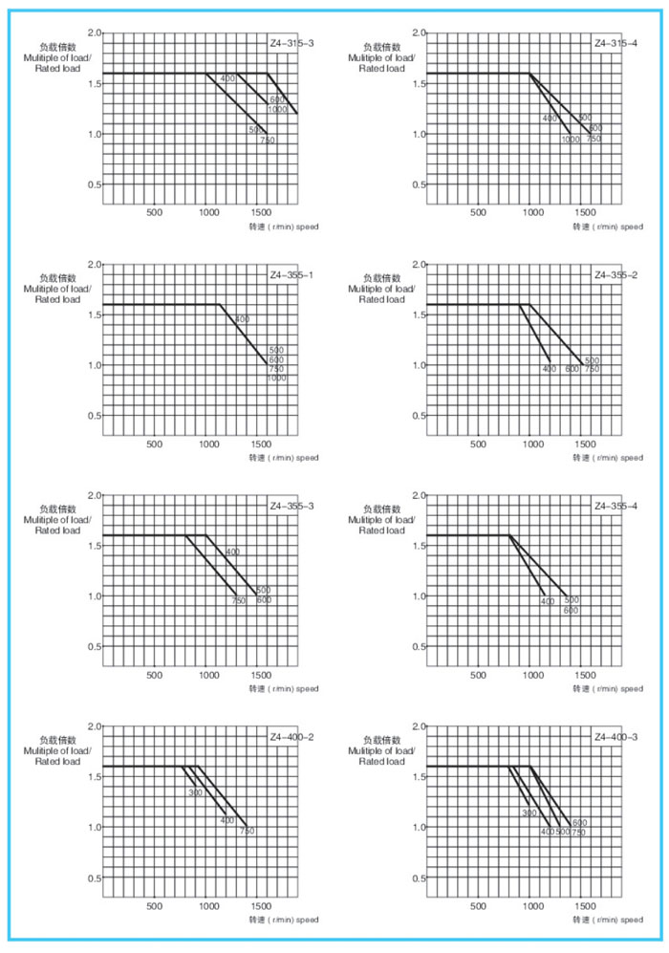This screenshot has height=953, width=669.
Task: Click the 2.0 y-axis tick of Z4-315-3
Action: pyautogui.click(x=94, y=33)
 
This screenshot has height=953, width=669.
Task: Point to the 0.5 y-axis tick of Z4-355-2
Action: pyautogui.click(x=418, y=416)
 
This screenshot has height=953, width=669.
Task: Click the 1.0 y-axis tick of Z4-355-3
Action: pyautogui.click(x=94, y=596)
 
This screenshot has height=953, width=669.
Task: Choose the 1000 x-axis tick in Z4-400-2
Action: pyautogui.click(x=207, y=905)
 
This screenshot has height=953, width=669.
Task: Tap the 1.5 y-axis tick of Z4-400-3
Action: pyautogui.click(x=418, y=777)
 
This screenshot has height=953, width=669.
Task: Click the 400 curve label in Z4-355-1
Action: pyautogui.click(x=242, y=319)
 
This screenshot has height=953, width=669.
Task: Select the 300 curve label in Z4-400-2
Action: pyautogui.click(x=195, y=792)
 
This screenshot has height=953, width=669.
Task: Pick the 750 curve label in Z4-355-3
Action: pyautogui.click(x=238, y=601)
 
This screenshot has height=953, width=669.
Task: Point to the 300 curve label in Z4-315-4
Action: pyautogui.click(x=585, y=118)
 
